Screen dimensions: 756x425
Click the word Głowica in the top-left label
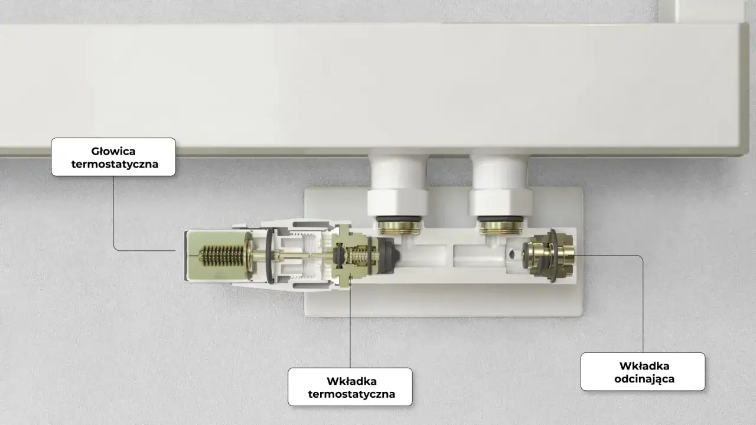(113, 152)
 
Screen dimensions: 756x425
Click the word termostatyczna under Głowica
(115, 164)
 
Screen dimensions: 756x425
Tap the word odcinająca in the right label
(644, 379)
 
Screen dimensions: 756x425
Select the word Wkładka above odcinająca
(644, 366)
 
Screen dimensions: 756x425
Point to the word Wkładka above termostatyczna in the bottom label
(351, 381)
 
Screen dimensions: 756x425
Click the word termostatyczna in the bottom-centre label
(351, 394)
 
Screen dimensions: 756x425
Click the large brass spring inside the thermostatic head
(222, 256)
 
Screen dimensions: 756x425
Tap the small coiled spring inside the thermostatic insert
(357, 256)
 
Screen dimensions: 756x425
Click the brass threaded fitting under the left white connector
(399, 227)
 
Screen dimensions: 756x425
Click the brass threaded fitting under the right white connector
(500, 227)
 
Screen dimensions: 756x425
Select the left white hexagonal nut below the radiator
(397, 202)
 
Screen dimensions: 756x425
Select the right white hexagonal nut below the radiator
(500, 202)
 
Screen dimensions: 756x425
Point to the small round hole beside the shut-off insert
(512, 254)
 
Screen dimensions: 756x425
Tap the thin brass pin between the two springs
(294, 256)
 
